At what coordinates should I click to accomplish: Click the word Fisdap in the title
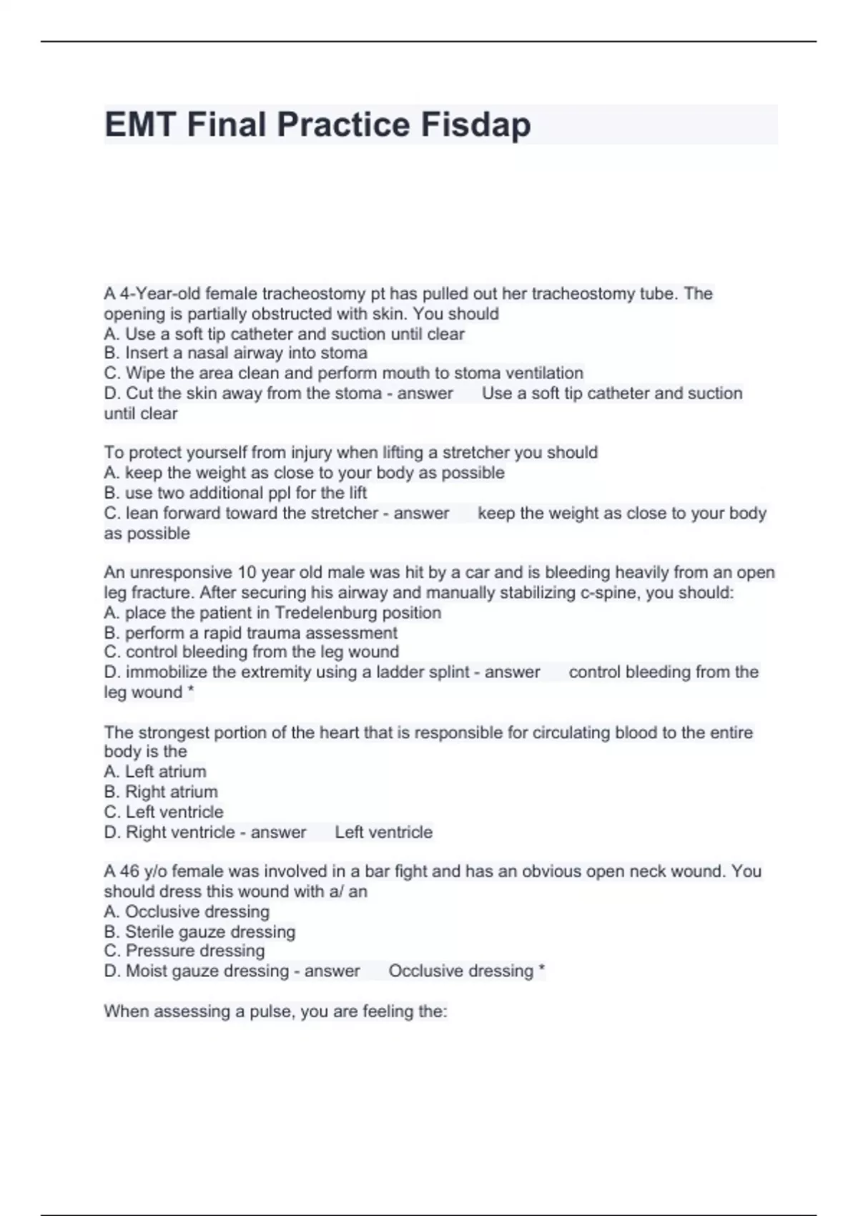coord(475,125)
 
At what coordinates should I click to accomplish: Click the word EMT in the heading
coord(140,125)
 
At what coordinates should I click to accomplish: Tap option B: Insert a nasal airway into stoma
coord(236,353)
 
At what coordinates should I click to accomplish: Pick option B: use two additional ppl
coord(236,493)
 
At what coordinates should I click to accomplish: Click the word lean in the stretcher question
coord(142,514)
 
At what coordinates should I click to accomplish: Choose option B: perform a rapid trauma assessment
coord(250,633)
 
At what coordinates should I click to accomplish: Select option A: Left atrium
coord(155,772)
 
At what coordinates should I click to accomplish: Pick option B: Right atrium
coord(161,792)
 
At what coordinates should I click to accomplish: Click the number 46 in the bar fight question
coord(129,871)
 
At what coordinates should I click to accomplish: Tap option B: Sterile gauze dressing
coord(199,932)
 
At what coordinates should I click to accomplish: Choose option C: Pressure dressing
coord(184,951)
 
